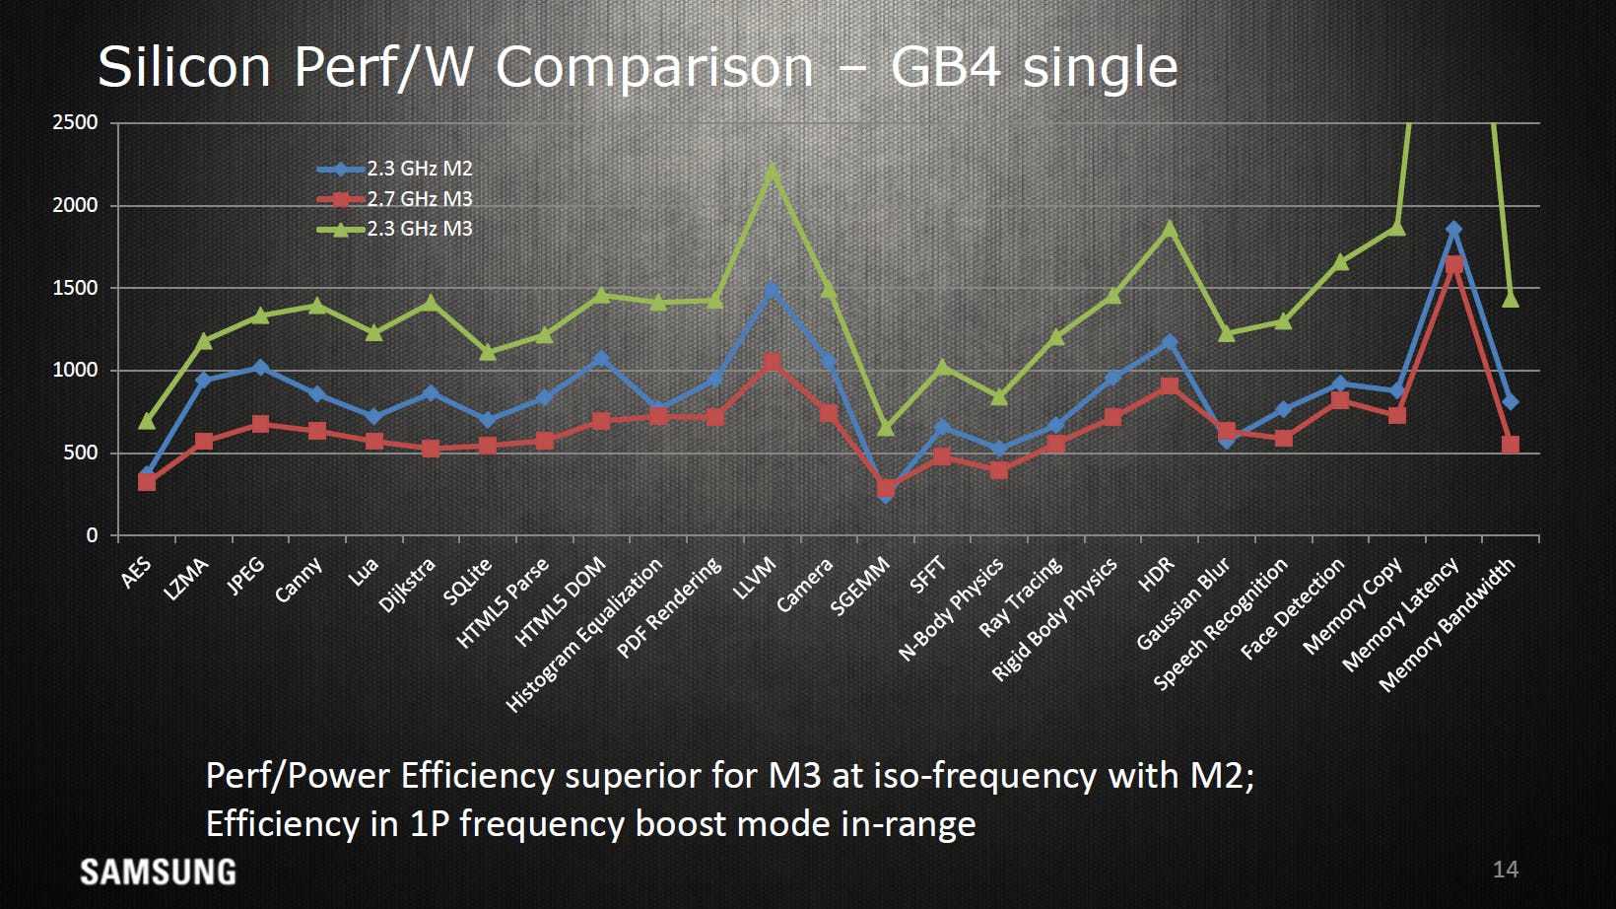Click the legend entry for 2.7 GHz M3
pos(394,198)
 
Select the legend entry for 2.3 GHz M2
pos(394,169)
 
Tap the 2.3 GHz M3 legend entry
pos(394,229)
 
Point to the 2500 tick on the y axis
pos(75,122)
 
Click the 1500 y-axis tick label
pos(75,288)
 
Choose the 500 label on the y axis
pos(82,453)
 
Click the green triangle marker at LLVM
pos(772,172)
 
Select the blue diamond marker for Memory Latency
pos(1453,229)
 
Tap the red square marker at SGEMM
pos(886,488)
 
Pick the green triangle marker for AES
pos(147,420)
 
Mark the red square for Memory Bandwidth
pos(1510,444)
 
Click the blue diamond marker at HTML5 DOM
pos(601,358)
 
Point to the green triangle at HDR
pos(1170,229)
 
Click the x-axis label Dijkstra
pos(408,585)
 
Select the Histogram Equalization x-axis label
pos(584,635)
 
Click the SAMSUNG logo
pos(158,873)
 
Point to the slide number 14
pos(1506,870)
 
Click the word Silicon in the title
pos(184,66)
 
